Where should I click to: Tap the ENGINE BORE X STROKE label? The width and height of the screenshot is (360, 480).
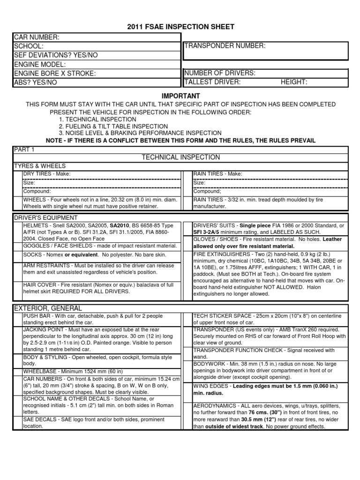click(x=54, y=74)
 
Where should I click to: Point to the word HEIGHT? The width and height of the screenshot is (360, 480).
click(x=294, y=82)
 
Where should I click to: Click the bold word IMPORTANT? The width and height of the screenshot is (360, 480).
click(x=180, y=96)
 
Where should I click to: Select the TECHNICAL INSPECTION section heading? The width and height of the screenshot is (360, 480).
click(x=180, y=157)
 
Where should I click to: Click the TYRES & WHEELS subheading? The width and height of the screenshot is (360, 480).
click(x=40, y=166)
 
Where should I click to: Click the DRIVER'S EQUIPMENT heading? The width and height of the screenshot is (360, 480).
click(x=46, y=217)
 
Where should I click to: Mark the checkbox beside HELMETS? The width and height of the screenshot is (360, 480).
click(x=17, y=232)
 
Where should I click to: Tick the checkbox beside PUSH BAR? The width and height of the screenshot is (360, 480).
click(x=17, y=319)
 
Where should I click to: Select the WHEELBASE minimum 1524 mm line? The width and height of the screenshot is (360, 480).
click(x=59, y=371)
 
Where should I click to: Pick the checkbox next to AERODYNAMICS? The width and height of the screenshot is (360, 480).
click(x=187, y=415)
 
